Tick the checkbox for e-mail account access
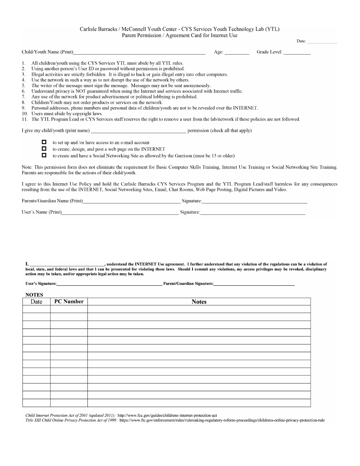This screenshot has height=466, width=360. pyautogui.click(x=44, y=142)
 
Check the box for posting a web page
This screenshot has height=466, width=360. pyautogui.click(x=44, y=149)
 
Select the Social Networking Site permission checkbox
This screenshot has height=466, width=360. pyautogui.click(x=44, y=155)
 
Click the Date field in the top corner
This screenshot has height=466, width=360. pyautogui.click(x=322, y=41)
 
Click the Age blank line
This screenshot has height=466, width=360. pyautogui.click(x=237, y=52)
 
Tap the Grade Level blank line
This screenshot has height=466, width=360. pyautogui.click(x=297, y=52)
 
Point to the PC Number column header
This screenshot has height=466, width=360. pyautogui.click(x=69, y=302)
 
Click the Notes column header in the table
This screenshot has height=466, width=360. pyautogui.click(x=199, y=302)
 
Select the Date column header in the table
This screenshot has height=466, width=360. pyautogui.click(x=36, y=302)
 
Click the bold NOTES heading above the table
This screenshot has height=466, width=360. pyautogui.click(x=34, y=295)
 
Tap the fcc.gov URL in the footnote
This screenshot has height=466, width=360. pyautogui.click(x=167, y=416)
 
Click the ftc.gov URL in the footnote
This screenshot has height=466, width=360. pyautogui.click(x=222, y=420)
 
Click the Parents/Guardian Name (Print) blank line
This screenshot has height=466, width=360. pyautogui.click(x=131, y=201)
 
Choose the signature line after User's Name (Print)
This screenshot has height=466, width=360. pyautogui.click(x=252, y=213)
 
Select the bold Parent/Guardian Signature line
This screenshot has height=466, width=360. pyautogui.click(x=254, y=284)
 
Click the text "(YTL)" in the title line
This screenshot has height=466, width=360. pyautogui.click(x=272, y=29)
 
